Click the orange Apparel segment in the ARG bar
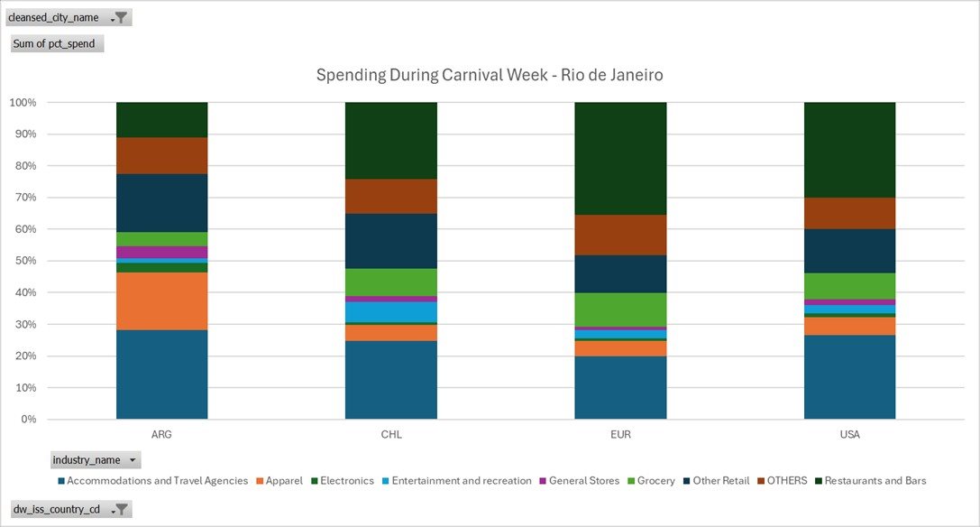tap(162, 301)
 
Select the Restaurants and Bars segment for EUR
tap(620, 158)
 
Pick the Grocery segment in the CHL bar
tap(391, 282)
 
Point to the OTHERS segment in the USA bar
tap(849, 213)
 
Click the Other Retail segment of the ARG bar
tap(162, 203)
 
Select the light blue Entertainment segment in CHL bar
tap(391, 311)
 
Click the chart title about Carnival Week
tap(490, 75)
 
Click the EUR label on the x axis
tap(620, 434)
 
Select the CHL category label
tap(391, 434)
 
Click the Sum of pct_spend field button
tap(56, 43)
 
